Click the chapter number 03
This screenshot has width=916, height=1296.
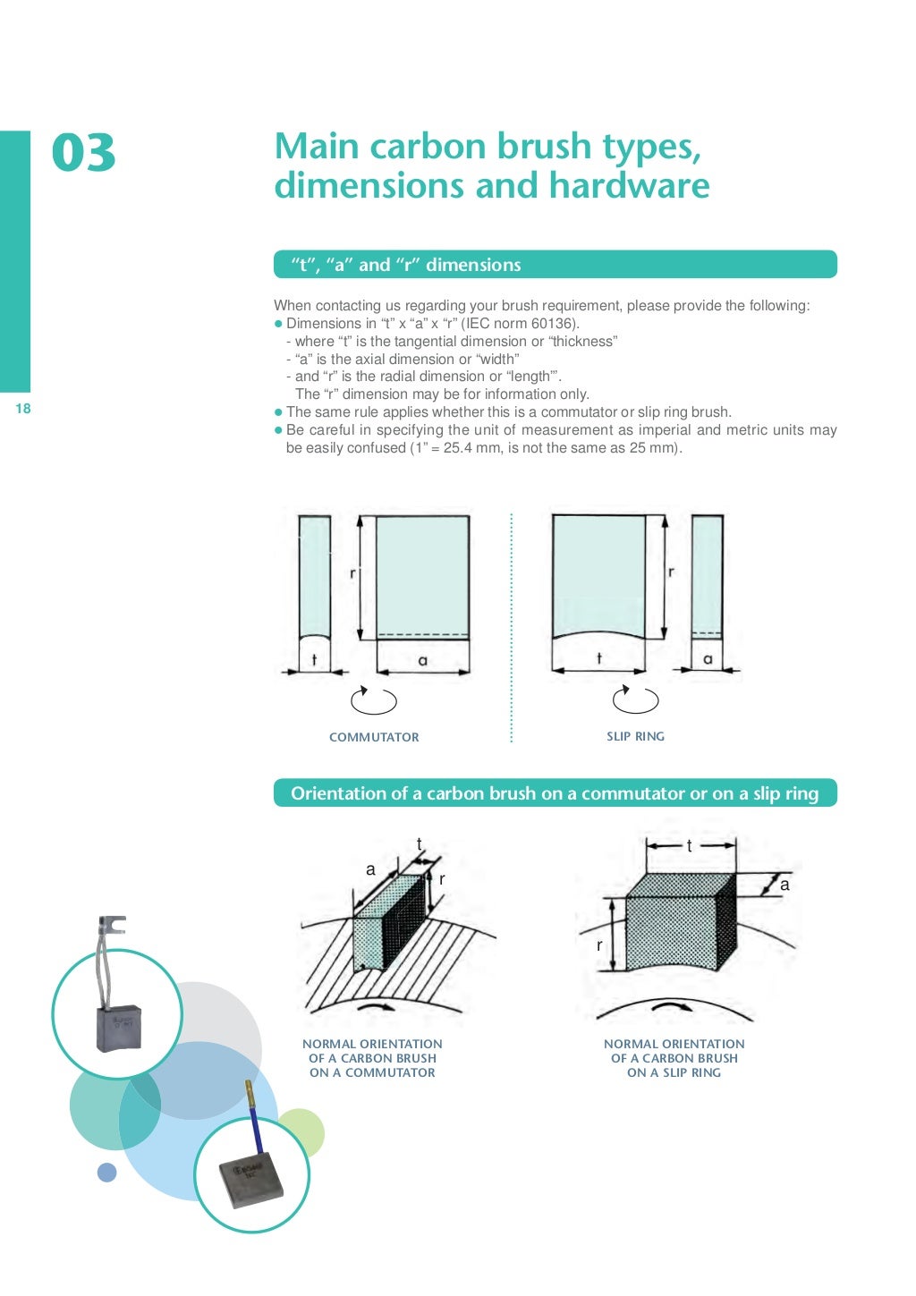[x=83, y=153]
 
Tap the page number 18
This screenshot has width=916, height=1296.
[x=23, y=409]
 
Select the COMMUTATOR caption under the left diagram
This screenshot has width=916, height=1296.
[x=374, y=737]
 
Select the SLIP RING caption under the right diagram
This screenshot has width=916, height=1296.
[x=635, y=736]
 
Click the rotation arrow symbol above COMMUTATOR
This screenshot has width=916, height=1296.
[x=373, y=700]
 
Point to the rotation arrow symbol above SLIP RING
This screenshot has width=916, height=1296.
[x=634, y=699]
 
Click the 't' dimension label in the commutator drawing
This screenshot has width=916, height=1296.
[x=314, y=660]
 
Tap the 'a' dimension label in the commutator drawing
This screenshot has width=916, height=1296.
[x=422, y=660]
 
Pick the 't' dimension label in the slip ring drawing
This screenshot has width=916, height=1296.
[x=598, y=658]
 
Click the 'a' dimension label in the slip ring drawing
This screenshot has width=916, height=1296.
[x=708, y=659]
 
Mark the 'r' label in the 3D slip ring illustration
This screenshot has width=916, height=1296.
[x=599, y=945]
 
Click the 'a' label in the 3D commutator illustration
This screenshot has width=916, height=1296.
[x=370, y=869]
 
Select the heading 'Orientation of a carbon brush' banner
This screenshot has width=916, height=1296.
[x=555, y=793]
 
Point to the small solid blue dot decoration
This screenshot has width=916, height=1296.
[x=107, y=1172]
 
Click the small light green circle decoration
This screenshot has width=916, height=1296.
[x=301, y=1131]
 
